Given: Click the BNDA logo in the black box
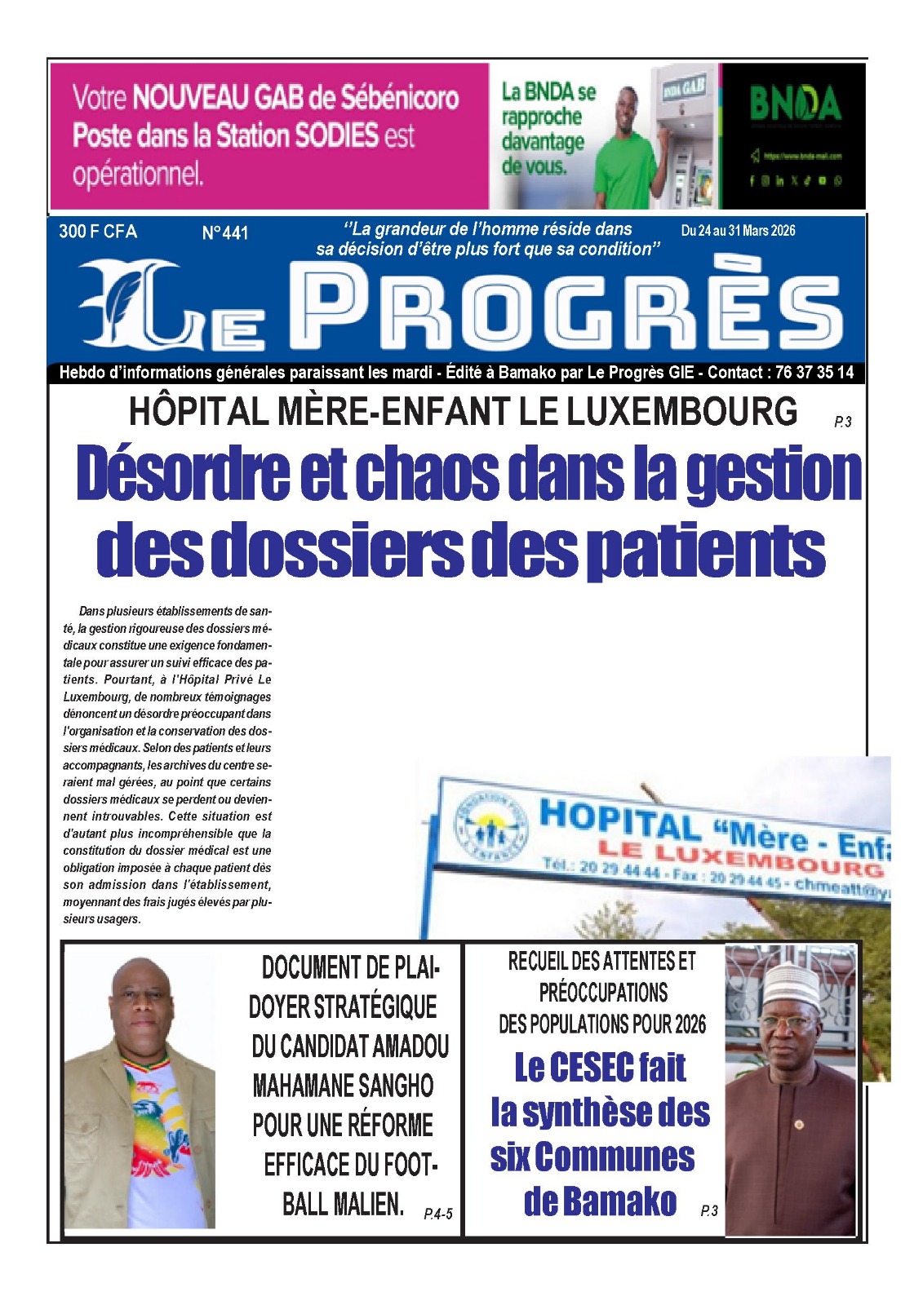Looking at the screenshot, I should tap(795, 104).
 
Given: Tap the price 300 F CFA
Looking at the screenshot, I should tap(98, 232).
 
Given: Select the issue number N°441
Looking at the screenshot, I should tap(224, 233).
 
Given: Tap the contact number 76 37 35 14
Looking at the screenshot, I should tap(814, 373).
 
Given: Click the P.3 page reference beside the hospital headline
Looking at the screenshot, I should tap(842, 422).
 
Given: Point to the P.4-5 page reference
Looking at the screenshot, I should tap(437, 1214).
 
